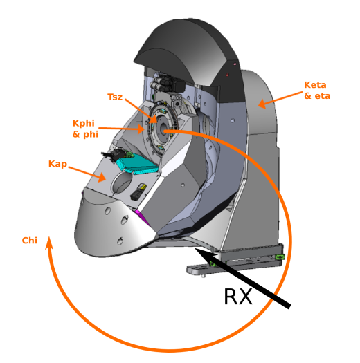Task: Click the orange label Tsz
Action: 114,97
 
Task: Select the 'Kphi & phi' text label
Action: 86,128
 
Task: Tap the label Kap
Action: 57,164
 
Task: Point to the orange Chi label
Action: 29,241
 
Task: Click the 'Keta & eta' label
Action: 317,91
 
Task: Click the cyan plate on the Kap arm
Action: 136,163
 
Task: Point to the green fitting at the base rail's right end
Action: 280,257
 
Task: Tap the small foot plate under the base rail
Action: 197,270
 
